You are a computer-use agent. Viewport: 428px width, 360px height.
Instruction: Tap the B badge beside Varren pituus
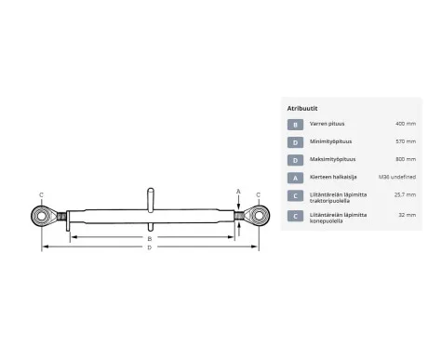[295, 123]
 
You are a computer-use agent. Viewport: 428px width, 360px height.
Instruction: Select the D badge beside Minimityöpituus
[295, 142]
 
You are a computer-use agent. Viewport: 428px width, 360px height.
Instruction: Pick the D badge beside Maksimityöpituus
[295, 162]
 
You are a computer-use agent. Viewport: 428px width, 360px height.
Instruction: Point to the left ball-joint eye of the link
[44, 217]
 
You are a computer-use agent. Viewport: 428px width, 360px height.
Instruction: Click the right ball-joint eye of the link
[256, 217]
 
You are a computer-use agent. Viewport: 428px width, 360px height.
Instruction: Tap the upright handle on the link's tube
[148, 200]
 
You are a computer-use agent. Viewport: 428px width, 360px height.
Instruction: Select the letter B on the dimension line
[149, 238]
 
